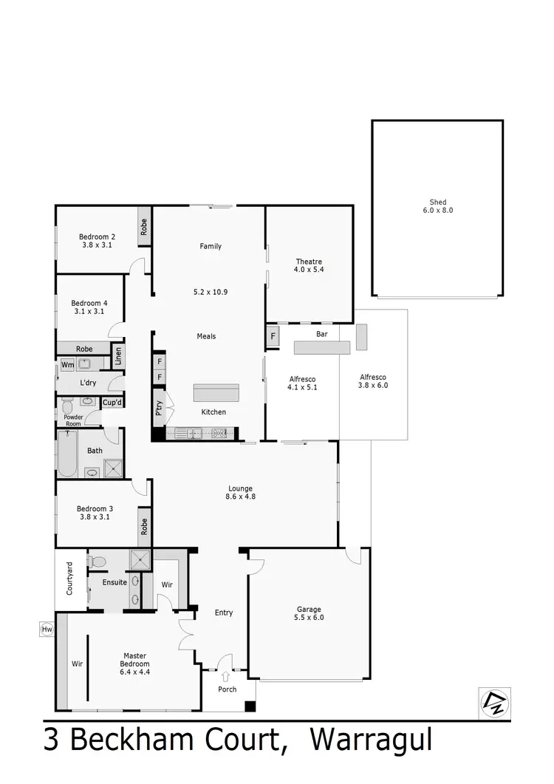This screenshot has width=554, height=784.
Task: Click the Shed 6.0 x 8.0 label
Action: pos(438,206)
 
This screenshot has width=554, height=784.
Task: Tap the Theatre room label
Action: pos(309,266)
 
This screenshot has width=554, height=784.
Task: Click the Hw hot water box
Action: pos(47,629)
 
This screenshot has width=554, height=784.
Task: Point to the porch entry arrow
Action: pos(225,675)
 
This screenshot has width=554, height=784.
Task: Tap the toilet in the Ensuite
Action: pos(97,561)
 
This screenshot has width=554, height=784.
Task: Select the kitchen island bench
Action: pos(216,392)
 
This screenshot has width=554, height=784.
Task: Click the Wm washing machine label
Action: pos(67,364)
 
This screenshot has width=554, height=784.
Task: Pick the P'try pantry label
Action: pos(159,408)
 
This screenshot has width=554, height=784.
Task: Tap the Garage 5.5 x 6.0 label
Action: pos(309,613)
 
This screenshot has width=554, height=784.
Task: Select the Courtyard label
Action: pos(69,579)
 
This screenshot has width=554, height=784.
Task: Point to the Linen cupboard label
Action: pos(117,356)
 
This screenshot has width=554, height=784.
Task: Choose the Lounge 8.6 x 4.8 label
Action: pos(241,493)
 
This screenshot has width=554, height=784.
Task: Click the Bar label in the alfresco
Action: pos(322,334)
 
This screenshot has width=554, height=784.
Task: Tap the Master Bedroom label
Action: pos(136,659)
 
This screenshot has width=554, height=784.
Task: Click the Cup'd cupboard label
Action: pos(112,403)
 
